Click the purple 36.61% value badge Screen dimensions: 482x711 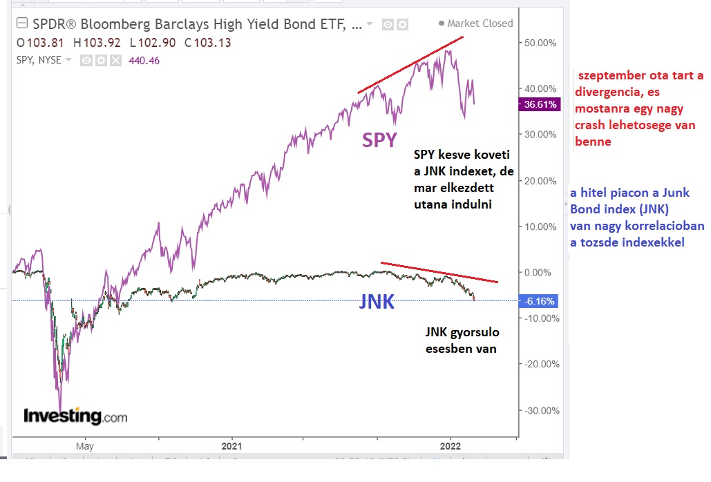coord(540,105)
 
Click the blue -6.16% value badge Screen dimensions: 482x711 coord(540,302)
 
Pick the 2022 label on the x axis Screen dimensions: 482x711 coord(450,447)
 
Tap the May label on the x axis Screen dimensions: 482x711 coord(85,447)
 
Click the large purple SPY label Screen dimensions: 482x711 coord(380,140)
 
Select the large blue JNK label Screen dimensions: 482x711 coord(377,302)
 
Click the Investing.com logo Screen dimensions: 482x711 coord(75,416)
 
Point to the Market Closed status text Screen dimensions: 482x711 coord(480,23)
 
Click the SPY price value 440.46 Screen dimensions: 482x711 coord(144,60)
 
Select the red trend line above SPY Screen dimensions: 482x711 coord(410,65)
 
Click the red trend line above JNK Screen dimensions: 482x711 coord(439,272)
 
